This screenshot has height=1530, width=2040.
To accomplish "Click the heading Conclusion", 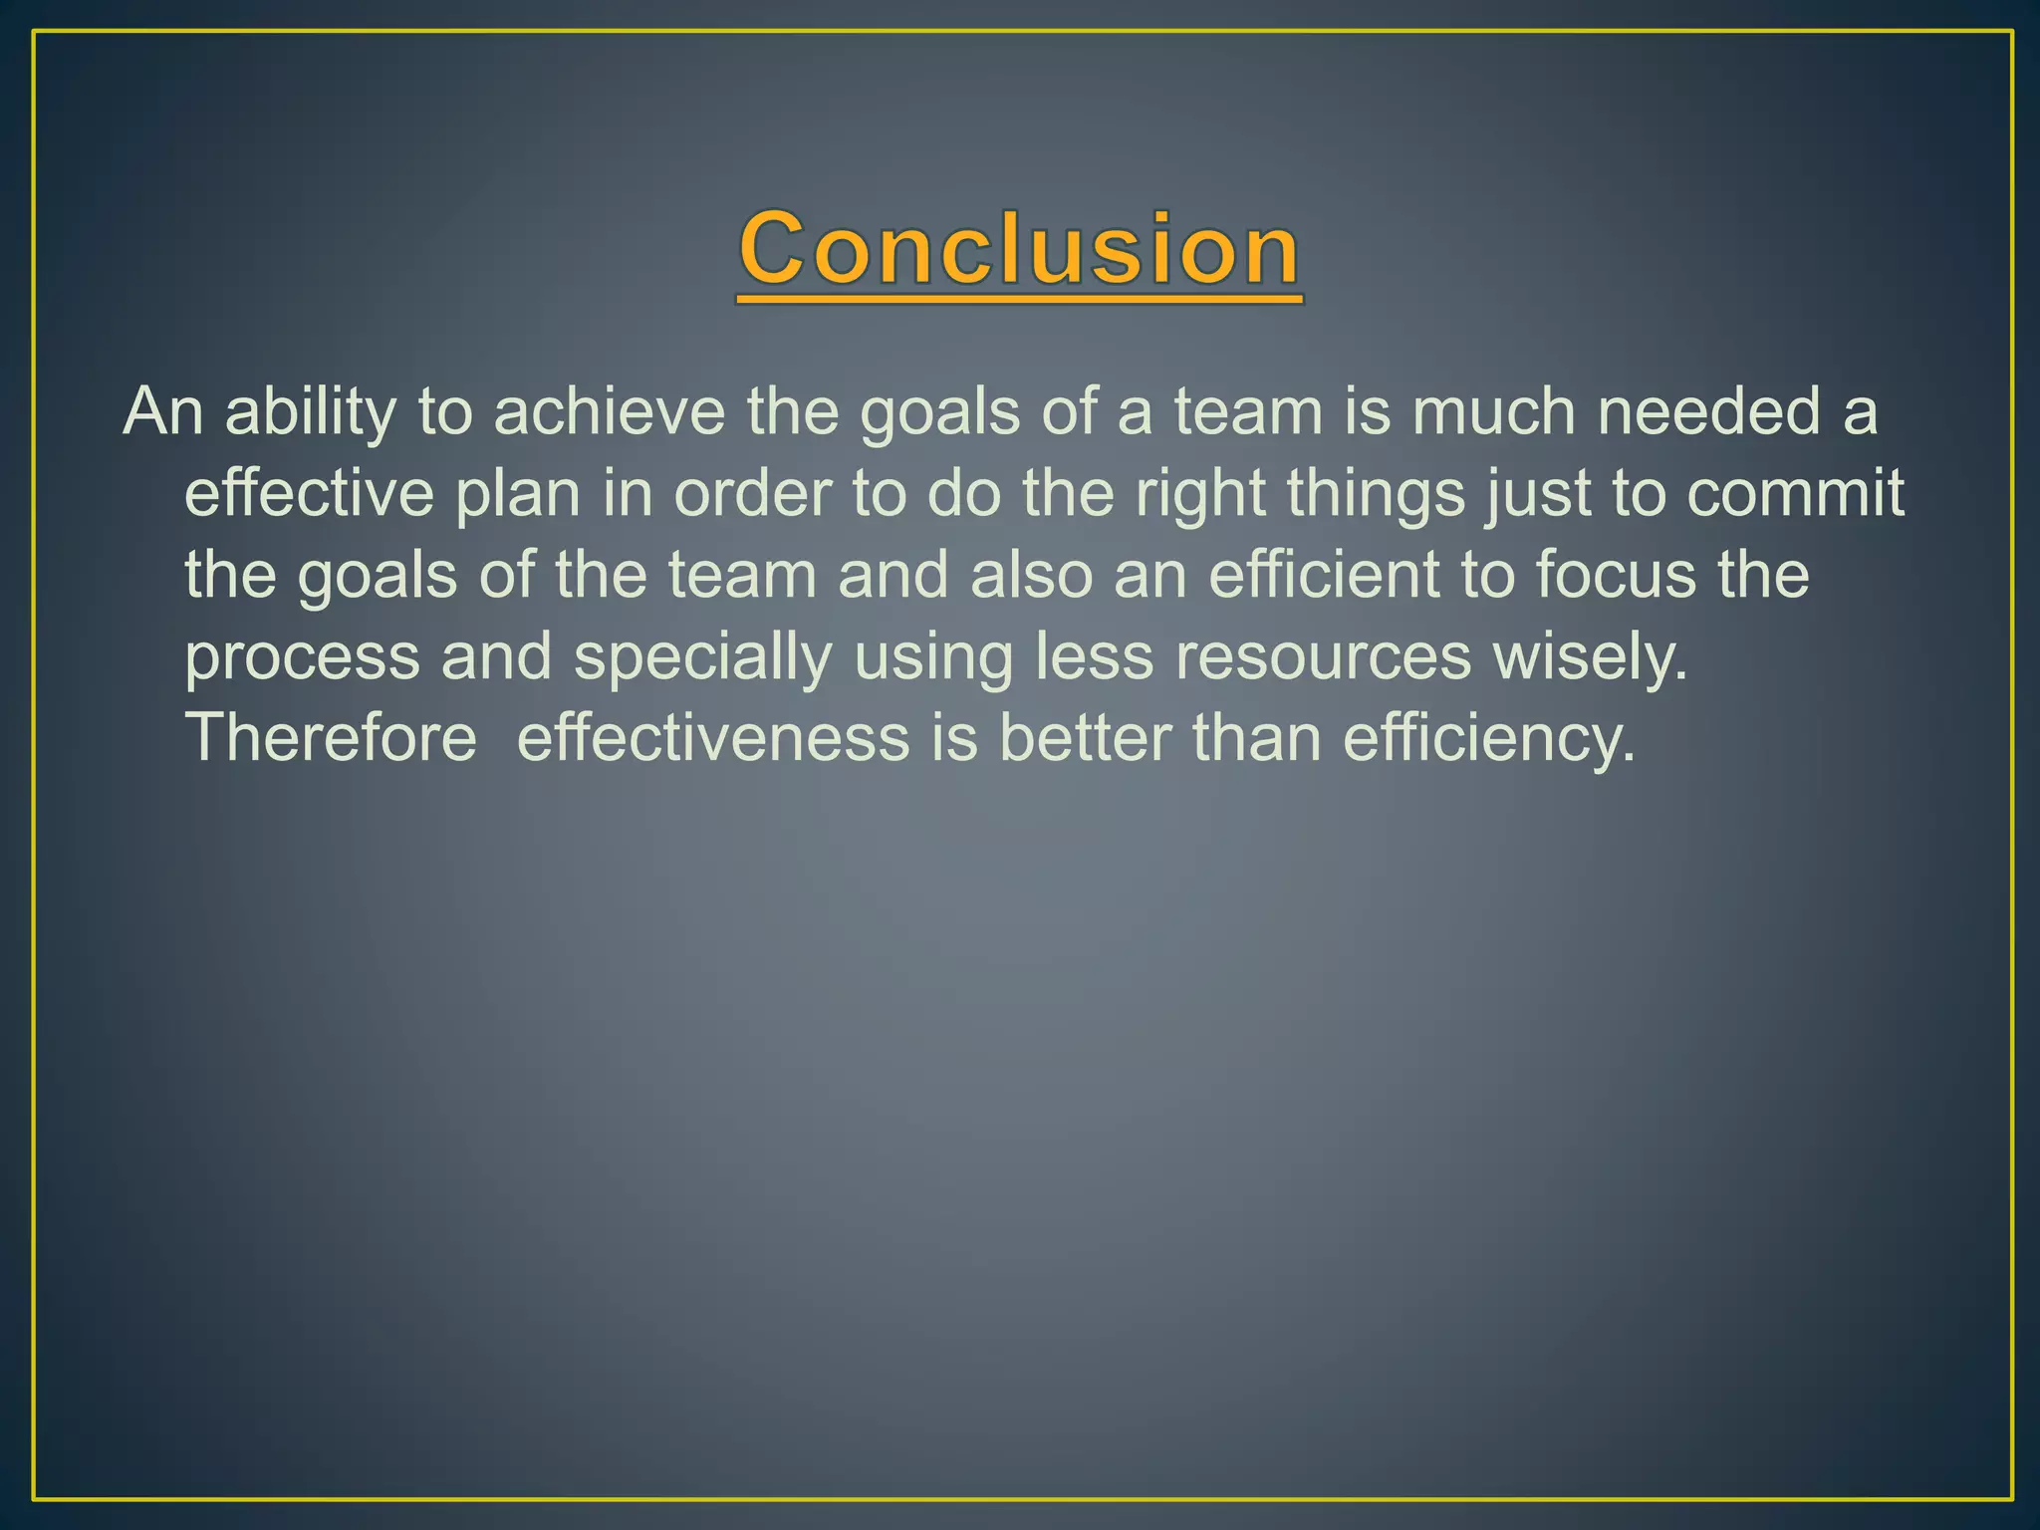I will pyautogui.click(x=1019, y=249).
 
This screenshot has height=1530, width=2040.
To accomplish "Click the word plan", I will pyautogui.click(x=517, y=494).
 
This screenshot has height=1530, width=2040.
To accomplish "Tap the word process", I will pyautogui.click(x=303, y=658).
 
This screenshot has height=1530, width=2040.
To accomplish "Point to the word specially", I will pyautogui.click(x=702, y=658).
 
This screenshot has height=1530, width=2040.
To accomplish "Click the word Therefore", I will pyautogui.click(x=332, y=739).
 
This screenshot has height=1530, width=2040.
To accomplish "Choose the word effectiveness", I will pyautogui.click(x=713, y=739).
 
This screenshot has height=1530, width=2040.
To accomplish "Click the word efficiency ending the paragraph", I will pyautogui.click(x=1488, y=739).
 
